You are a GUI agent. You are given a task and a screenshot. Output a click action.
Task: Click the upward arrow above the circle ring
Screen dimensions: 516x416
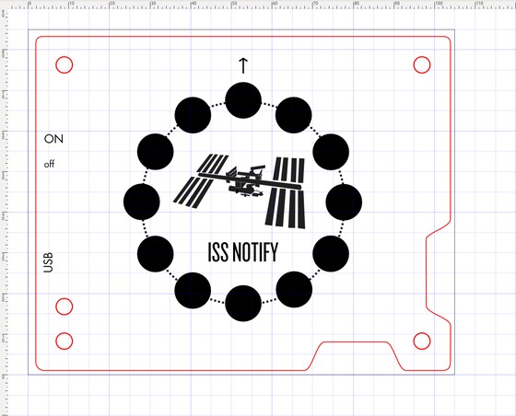243,65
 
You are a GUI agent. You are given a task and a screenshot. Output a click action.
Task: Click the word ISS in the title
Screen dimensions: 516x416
218,252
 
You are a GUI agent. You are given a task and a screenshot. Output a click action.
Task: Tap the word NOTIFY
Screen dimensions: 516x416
255,252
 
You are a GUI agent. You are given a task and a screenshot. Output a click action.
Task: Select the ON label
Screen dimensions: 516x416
53,139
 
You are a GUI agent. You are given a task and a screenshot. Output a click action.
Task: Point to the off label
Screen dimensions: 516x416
50,164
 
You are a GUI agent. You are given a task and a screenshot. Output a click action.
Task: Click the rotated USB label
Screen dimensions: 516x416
48,262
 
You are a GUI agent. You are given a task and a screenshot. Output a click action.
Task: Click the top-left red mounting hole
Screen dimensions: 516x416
64,64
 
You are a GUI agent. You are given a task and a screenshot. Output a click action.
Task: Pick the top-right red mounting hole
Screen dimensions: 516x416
422,64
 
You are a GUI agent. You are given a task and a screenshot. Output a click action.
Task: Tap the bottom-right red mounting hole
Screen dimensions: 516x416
422,341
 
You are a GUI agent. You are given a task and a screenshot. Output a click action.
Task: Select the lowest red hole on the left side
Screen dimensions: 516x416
64,341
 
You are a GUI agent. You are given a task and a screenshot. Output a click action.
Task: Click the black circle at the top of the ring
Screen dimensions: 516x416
243,100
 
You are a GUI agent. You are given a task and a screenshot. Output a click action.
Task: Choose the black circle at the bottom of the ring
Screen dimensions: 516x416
243,304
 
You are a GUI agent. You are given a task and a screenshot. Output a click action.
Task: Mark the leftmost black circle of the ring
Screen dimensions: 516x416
142,202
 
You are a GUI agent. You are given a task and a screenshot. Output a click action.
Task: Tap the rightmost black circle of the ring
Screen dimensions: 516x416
344,202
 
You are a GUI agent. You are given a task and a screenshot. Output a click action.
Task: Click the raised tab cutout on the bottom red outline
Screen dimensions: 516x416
356,342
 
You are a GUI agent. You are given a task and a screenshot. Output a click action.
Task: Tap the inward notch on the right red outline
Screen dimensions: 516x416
427,272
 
